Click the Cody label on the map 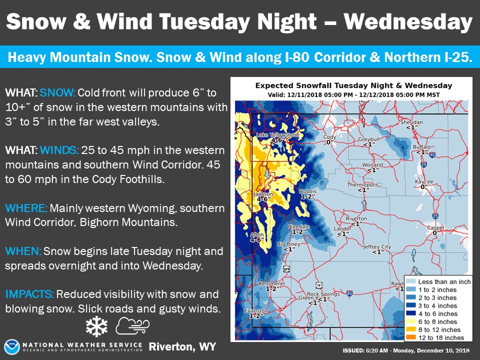329,137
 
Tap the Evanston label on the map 252,310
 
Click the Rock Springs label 320,294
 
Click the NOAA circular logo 11,346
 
